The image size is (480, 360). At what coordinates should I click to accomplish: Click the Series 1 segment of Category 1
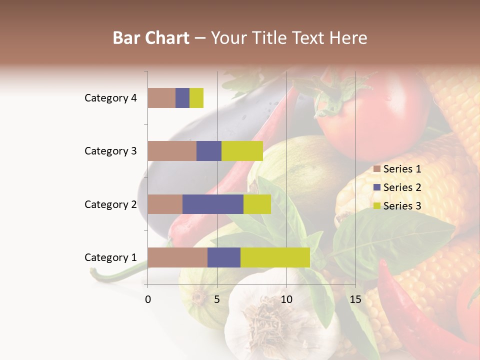tap(177, 257)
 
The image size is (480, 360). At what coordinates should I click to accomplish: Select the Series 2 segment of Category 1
tap(224, 257)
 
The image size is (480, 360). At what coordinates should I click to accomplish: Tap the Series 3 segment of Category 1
tap(275, 257)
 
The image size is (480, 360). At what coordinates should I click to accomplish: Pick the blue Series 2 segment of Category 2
tap(213, 204)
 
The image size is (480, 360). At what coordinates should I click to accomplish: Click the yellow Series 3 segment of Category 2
tap(257, 204)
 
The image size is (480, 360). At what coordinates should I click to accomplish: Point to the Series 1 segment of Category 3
tap(172, 151)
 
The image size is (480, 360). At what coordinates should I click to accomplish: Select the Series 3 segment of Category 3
tap(242, 151)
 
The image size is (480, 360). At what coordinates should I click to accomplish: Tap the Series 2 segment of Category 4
tap(182, 98)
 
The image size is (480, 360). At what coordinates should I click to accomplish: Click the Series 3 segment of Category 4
tap(196, 98)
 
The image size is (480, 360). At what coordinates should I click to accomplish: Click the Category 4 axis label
tap(110, 98)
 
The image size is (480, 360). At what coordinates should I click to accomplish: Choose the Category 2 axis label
tap(110, 204)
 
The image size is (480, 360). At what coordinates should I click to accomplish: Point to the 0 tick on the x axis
tap(148, 299)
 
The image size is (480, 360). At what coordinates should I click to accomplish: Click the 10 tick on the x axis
tap(286, 299)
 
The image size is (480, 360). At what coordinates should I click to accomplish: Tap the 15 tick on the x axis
tap(355, 299)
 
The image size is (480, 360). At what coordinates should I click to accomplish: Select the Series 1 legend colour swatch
tap(376, 169)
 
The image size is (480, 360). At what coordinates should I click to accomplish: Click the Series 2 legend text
tap(402, 187)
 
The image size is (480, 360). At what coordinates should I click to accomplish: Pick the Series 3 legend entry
tap(397, 206)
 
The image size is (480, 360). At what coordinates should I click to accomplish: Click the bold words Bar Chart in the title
tap(151, 38)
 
